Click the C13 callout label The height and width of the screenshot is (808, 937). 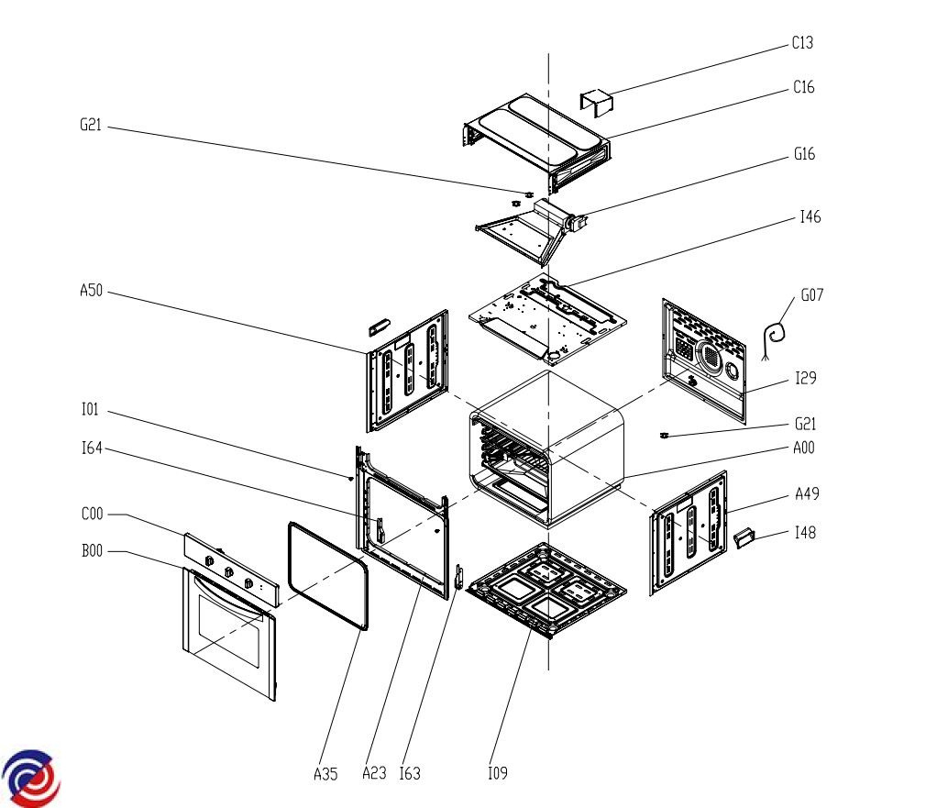pyautogui.click(x=802, y=43)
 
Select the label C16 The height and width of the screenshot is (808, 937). pyautogui.click(x=803, y=87)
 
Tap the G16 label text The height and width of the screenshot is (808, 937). pyautogui.click(x=804, y=154)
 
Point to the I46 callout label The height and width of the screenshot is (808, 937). pyautogui.click(x=810, y=217)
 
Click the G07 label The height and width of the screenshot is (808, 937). pyautogui.click(x=811, y=295)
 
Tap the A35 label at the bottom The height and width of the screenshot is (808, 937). pyautogui.click(x=325, y=775)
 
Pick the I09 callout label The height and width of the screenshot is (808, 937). pyautogui.click(x=498, y=773)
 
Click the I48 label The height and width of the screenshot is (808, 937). pyautogui.click(x=805, y=533)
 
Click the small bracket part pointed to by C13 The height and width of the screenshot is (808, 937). pyautogui.click(x=597, y=102)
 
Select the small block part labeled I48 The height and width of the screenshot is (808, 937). pyautogui.click(x=744, y=537)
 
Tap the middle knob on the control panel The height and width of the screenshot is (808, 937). pyautogui.click(x=229, y=572)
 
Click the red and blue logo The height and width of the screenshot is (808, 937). pyautogui.click(x=31, y=778)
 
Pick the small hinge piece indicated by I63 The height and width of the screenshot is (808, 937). pyautogui.click(x=458, y=576)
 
